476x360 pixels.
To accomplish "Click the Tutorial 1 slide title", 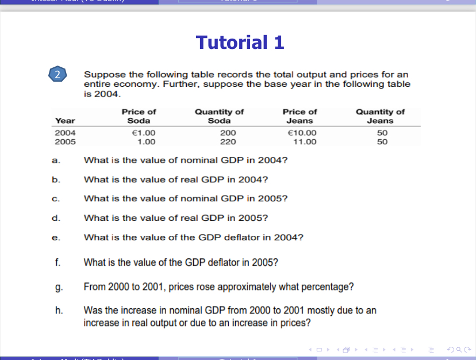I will (x=240, y=43).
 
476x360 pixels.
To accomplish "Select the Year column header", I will (x=64, y=121).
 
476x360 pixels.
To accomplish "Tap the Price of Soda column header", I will (x=139, y=116).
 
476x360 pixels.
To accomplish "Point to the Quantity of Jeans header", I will (x=380, y=116).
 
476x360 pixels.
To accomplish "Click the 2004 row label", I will (x=64, y=133).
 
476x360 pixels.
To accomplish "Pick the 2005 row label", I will (x=64, y=141).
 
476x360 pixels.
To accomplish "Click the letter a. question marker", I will (x=56, y=160).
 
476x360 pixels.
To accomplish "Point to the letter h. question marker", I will (x=57, y=311).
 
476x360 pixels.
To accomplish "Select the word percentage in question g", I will (x=329, y=286).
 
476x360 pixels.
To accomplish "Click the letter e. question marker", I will (x=56, y=237).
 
